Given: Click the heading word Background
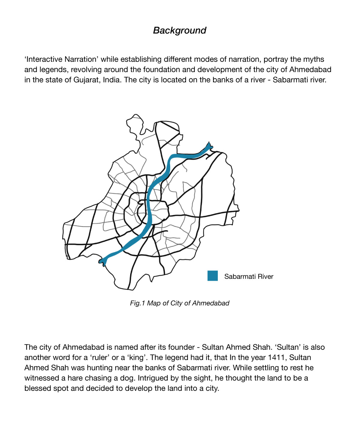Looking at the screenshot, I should [180, 30].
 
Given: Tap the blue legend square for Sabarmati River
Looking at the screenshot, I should [212, 276].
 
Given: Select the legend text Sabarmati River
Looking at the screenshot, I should [249, 277].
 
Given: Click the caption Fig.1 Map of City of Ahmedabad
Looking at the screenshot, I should [179, 303].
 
